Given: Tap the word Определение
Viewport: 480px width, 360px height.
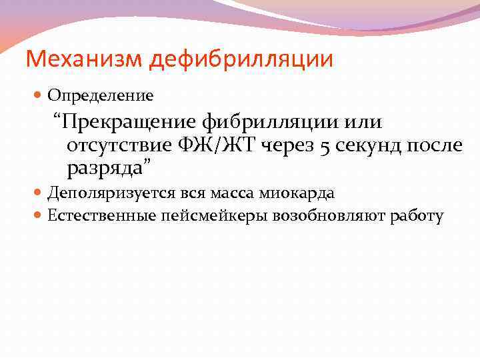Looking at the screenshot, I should [x=100, y=96].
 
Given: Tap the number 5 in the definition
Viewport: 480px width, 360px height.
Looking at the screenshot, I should [x=325, y=146].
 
